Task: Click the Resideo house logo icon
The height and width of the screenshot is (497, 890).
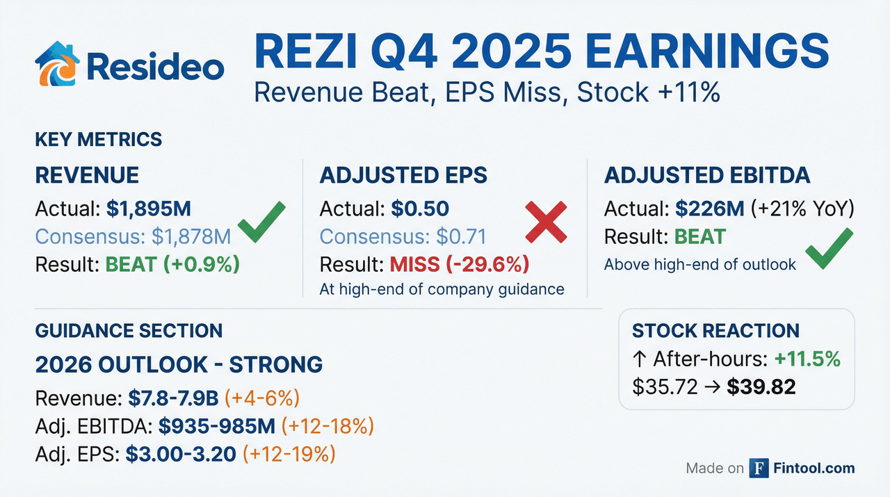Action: click(x=57, y=63)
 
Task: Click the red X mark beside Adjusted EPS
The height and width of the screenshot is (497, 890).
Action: click(x=546, y=222)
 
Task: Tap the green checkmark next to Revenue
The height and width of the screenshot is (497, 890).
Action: click(x=261, y=221)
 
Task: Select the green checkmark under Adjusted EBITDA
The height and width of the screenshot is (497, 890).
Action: click(x=830, y=248)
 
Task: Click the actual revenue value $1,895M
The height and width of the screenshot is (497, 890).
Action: click(x=149, y=209)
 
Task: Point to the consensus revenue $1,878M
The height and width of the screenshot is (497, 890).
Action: click(x=191, y=236)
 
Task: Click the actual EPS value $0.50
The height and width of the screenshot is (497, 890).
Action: click(x=420, y=209)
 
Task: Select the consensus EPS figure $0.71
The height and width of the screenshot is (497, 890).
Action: click(x=461, y=236)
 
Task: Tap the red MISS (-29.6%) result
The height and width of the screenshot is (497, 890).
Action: click(x=460, y=264)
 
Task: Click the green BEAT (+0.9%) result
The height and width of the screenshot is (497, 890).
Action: click(x=172, y=264)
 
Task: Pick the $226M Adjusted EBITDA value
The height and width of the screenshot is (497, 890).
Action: click(x=710, y=209)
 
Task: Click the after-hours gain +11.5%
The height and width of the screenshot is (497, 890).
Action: click(x=807, y=359)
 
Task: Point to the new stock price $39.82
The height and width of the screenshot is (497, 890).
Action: click(x=761, y=386)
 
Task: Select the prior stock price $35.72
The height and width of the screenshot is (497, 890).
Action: click(x=665, y=386)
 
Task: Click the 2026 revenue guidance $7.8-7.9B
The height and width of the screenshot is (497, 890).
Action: click(x=173, y=398)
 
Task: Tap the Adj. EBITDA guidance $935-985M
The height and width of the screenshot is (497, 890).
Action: click(x=217, y=426)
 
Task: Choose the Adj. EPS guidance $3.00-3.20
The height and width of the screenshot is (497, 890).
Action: click(x=181, y=454)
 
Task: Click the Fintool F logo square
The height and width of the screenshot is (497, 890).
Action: click(x=759, y=468)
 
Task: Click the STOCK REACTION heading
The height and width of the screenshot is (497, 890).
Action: click(x=715, y=331)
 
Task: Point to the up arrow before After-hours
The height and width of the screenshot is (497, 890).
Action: click(x=639, y=359)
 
